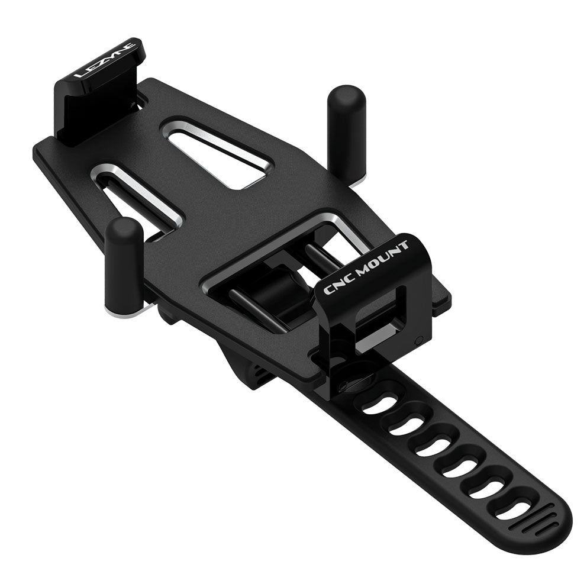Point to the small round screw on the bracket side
(x=418, y=340)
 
